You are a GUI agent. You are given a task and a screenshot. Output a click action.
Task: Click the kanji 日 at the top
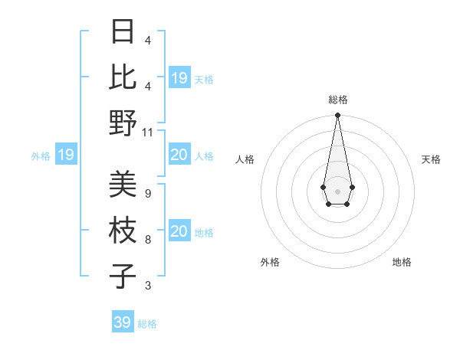pyautogui.click(x=123, y=32)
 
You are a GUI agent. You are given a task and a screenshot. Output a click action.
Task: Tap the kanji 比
pyautogui.click(x=123, y=77)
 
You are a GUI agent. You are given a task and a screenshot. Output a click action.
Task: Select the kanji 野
pyautogui.click(x=123, y=123)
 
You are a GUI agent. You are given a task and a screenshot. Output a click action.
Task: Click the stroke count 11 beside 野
pyautogui.click(x=148, y=132)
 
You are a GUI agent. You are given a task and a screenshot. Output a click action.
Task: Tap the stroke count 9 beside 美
pyautogui.click(x=147, y=194)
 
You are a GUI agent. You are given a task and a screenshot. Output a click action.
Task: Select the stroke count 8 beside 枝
pyautogui.click(x=147, y=240)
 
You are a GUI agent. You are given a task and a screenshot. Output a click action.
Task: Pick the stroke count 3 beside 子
pyautogui.click(x=147, y=286)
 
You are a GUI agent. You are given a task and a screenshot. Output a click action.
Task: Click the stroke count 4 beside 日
pyautogui.click(x=147, y=40)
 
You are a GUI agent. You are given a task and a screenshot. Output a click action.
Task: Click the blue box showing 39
pyautogui.click(x=123, y=322)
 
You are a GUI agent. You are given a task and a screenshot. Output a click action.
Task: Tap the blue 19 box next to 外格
pyautogui.click(x=66, y=155)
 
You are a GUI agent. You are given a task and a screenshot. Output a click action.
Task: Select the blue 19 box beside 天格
pyautogui.click(x=179, y=78)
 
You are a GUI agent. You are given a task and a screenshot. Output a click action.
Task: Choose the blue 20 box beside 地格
pyautogui.click(x=179, y=232)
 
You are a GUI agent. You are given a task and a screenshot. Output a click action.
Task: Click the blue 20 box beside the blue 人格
pyautogui.click(x=179, y=155)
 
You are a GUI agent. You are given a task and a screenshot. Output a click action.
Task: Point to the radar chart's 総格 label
pyautogui.click(x=337, y=100)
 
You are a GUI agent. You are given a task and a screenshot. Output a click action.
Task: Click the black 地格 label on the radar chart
pyautogui.click(x=402, y=262)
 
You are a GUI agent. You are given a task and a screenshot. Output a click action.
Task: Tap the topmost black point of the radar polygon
pyautogui.click(x=337, y=116)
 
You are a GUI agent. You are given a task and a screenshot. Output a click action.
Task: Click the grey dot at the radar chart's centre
pyautogui.click(x=337, y=190)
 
